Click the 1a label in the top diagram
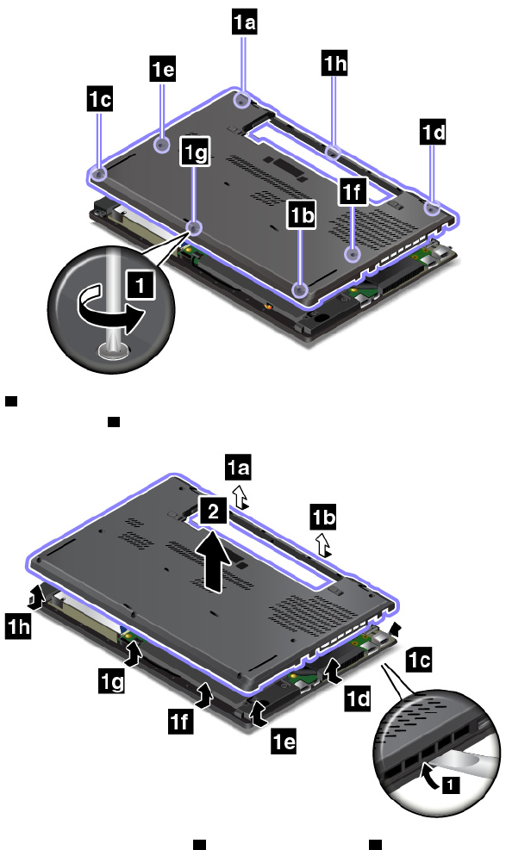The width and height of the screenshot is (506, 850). [244, 22]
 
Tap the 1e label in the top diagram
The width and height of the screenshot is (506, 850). [163, 69]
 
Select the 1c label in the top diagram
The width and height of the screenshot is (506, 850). [100, 99]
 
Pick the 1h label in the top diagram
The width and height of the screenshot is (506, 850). [334, 64]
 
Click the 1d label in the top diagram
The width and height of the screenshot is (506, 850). [433, 133]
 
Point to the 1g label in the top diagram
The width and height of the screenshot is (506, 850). [195, 152]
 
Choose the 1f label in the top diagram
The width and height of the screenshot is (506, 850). [353, 192]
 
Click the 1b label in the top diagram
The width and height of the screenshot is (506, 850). [302, 215]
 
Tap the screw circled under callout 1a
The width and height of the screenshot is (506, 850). [242, 100]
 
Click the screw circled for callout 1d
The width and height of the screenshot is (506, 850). [432, 208]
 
